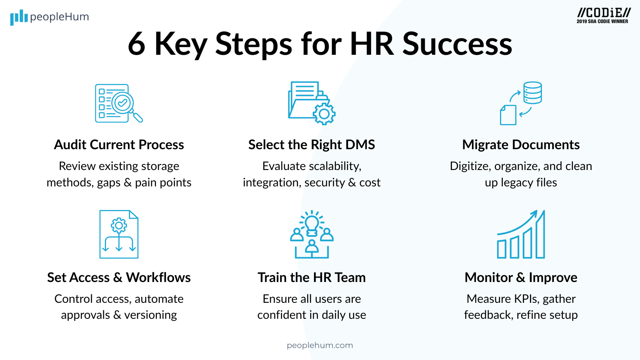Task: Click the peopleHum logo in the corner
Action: pyautogui.click(x=49, y=17)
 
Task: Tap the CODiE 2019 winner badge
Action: pyautogui.click(x=602, y=16)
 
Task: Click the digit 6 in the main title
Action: pyautogui.click(x=136, y=44)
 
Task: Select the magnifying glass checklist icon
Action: pyautogui.click(x=119, y=103)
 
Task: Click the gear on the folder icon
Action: pyautogui.click(x=324, y=114)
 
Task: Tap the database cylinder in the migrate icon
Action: pyautogui.click(x=532, y=93)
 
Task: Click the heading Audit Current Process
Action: pyautogui.click(x=119, y=144)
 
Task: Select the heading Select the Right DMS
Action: pyautogui.click(x=312, y=144)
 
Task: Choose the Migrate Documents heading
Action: pyautogui.click(x=521, y=144)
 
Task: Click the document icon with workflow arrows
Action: pyautogui.click(x=119, y=234)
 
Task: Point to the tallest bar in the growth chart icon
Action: pyautogui.click(x=540, y=236)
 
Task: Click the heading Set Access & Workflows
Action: pyautogui.click(x=119, y=277)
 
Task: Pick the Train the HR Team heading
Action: pyautogui.click(x=312, y=277)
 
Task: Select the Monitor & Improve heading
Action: pyautogui.click(x=521, y=277)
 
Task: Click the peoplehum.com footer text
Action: pyautogui.click(x=320, y=345)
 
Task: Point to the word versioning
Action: pyautogui.click(x=150, y=315)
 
